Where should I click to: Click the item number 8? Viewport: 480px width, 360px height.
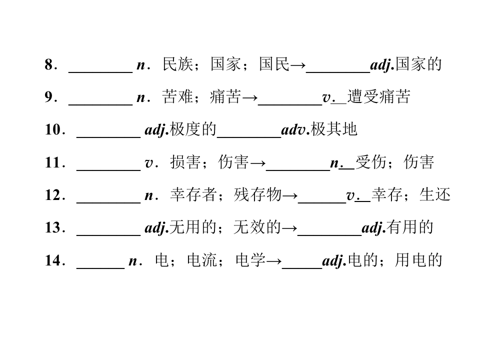coord(48,64)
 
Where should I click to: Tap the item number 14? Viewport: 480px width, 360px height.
coord(53,260)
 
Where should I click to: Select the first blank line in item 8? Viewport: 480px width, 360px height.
coord(100,72)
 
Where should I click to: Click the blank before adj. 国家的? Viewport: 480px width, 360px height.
coord(338,72)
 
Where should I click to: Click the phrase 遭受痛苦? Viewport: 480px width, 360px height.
coord(378,96)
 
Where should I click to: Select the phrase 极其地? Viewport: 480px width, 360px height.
coord(334,129)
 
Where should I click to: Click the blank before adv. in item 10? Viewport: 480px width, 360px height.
coord(249,137)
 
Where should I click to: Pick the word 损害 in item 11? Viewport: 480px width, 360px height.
coord(185,162)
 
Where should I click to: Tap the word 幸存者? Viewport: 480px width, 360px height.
coord(193,194)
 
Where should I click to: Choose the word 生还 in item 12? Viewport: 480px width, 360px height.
coord(435,194)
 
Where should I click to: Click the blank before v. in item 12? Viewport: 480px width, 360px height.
coord(322,202)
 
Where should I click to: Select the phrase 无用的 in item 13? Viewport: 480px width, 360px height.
coord(193,227)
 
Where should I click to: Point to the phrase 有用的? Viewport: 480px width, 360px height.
coord(410,227)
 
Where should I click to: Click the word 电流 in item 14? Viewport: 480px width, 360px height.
coord(202,260)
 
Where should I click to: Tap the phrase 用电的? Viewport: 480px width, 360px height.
coord(418,260)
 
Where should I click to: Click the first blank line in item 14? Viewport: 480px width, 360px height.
coord(100,268)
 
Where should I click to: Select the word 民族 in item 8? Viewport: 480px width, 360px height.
coord(177,64)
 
